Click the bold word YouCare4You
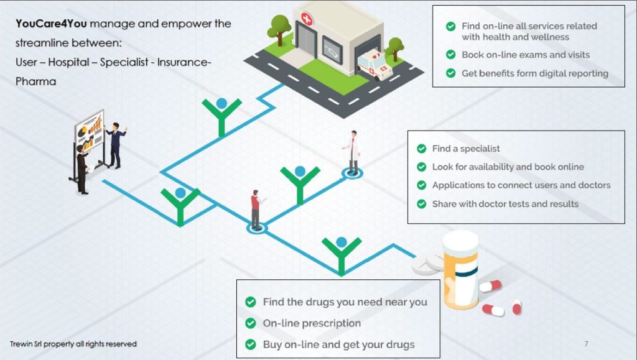pyautogui.click(x=51, y=24)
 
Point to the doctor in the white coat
pyautogui.click(x=353, y=152)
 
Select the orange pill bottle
pyautogui.click(x=460, y=271)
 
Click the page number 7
pyautogui.click(x=586, y=344)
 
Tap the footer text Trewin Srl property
pyautogui.click(x=73, y=344)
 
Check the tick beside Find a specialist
pyautogui.click(x=422, y=149)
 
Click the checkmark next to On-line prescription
pyautogui.click(x=251, y=323)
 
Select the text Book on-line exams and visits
pyautogui.click(x=526, y=55)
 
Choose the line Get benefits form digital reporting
pyautogui.click(x=534, y=73)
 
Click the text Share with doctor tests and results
pyautogui.click(x=505, y=204)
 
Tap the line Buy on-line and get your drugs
pyautogui.click(x=338, y=344)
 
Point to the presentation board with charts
pyautogui.click(x=89, y=140)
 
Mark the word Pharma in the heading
pyautogui.click(x=35, y=81)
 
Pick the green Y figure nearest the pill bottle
pyautogui.click(x=341, y=252)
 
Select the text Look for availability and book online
pyautogui.click(x=508, y=167)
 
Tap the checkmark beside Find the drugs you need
pyautogui.click(x=251, y=302)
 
